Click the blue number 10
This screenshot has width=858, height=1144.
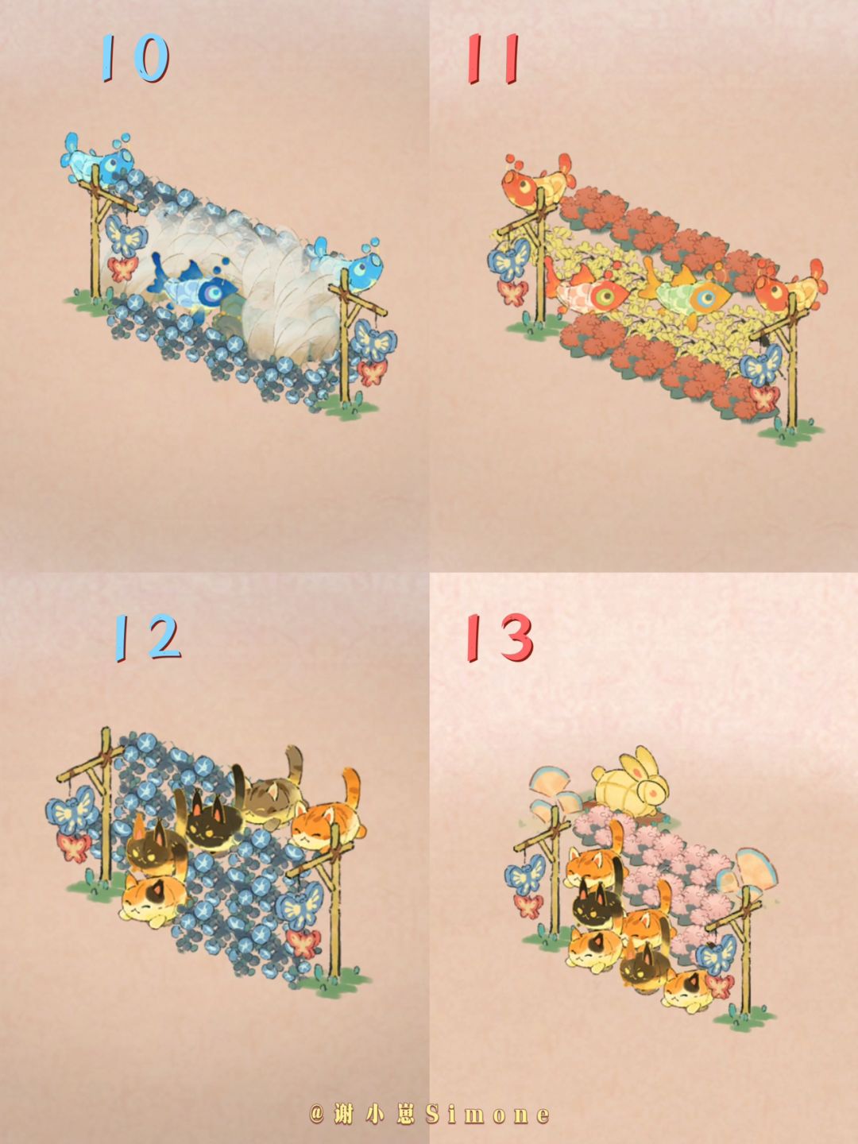point(135,57)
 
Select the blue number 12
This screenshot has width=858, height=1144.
point(147,637)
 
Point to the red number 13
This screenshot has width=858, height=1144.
point(500,637)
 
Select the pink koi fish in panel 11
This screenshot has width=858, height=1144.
point(589,292)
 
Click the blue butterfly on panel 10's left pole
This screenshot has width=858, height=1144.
point(125,237)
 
